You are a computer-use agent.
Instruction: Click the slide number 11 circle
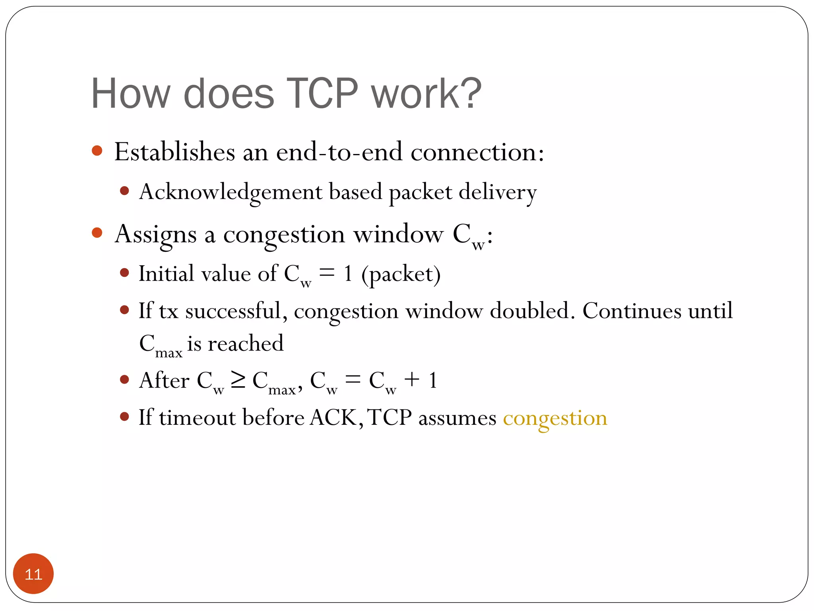(33, 574)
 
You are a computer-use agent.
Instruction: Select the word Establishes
(174, 152)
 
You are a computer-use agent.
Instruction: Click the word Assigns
(155, 235)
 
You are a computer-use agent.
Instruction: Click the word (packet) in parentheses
(401, 274)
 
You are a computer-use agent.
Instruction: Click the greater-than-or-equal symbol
(238, 380)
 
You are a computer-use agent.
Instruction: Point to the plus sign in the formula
(412, 379)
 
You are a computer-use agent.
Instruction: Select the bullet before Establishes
(97, 151)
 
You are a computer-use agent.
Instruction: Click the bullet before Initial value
(124, 273)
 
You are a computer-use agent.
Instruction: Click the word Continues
(632, 311)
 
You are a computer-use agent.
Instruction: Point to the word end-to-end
(339, 152)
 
